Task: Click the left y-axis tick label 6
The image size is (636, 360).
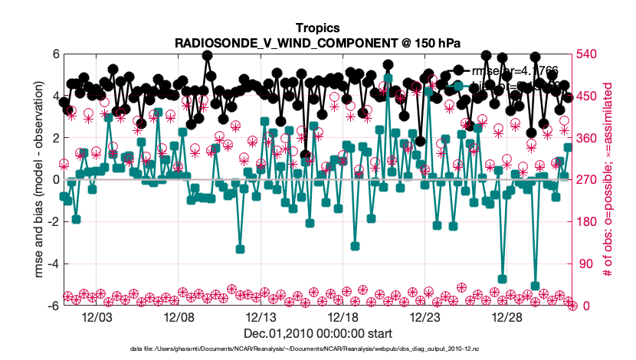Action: [x=56, y=54]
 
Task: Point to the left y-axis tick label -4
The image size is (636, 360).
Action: [x=53, y=263]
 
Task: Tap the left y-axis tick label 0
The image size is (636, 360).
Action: [x=56, y=180]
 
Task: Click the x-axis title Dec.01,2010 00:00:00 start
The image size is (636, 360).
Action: [x=318, y=334]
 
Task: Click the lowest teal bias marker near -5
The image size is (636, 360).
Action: [x=535, y=286]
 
